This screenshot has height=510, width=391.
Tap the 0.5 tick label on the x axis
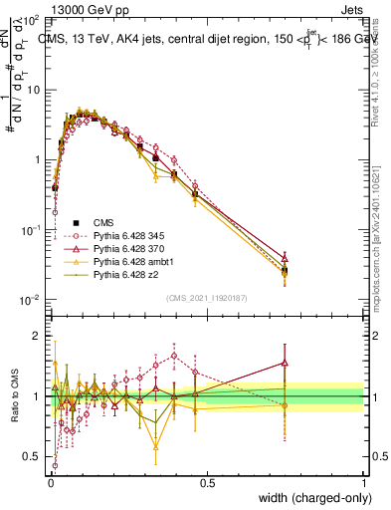click(x=207, y=483)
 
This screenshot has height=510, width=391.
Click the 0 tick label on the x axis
click(x=51, y=483)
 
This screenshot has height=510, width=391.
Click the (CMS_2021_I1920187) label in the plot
click(x=208, y=298)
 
